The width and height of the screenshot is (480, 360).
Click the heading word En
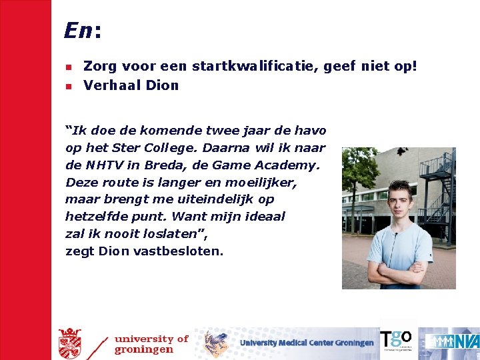pyautogui.click(x=79, y=30)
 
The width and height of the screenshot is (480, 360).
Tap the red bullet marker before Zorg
pyautogui.click(x=68, y=67)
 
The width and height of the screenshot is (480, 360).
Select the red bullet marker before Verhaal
pyautogui.click(x=68, y=86)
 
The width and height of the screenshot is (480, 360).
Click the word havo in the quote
pyautogui.click(x=311, y=131)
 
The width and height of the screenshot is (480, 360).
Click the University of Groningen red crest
pyautogui.click(x=69, y=343)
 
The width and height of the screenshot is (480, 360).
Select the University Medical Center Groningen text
pyautogui.click(x=307, y=343)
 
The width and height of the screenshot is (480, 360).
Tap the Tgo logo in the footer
pyautogui.click(x=396, y=340)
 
